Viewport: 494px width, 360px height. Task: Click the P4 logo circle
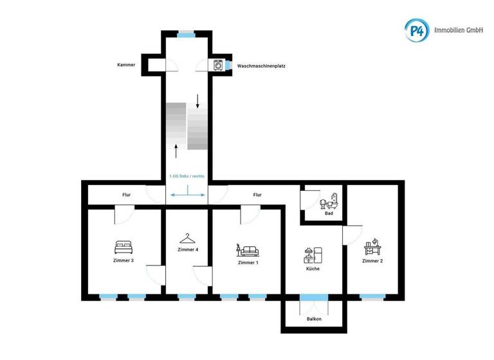coord(416,30)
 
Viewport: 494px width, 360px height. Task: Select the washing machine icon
coord(219,65)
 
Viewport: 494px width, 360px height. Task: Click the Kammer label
coord(126,65)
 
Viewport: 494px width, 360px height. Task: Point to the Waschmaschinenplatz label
coord(261,66)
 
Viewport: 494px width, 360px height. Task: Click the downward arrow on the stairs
coord(197,100)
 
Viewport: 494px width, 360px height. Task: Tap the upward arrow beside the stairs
coord(176,151)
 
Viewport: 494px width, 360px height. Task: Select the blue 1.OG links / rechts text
coord(187,175)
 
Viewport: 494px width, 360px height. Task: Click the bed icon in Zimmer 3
coord(123,246)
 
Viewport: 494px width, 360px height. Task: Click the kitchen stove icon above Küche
coord(313,255)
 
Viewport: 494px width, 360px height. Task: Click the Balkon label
coord(314,319)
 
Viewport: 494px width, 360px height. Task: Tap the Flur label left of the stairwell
coord(127,195)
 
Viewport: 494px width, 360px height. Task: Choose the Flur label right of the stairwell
coord(257,195)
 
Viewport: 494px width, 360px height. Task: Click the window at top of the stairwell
coord(187,34)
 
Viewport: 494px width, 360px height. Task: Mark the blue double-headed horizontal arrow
coord(187,194)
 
